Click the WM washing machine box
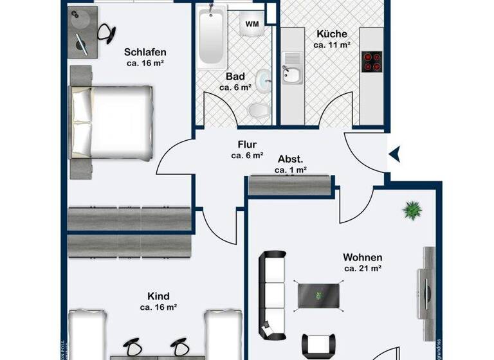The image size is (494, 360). [x=252, y=23]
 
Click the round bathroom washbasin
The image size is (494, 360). [x=264, y=80]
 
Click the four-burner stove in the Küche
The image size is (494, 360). [x=372, y=61]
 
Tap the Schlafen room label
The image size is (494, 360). [x=145, y=53]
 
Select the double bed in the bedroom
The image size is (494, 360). [x=113, y=122]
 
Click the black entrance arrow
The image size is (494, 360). [x=396, y=153]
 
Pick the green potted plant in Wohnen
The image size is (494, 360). [x=410, y=211]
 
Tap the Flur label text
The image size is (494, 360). [x=248, y=145]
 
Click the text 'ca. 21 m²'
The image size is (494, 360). [x=364, y=268]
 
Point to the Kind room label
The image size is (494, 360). [x=158, y=296]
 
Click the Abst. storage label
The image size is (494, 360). [x=290, y=159]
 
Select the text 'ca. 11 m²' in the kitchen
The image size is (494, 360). [x=331, y=45]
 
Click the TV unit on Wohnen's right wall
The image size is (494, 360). [x=427, y=283]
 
